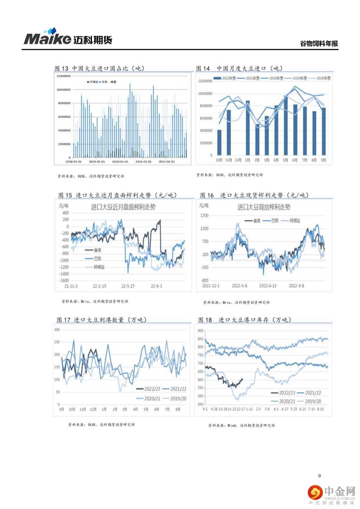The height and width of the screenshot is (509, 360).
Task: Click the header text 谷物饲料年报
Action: pyautogui.click(x=319, y=44)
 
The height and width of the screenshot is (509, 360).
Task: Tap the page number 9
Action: pyautogui.click(x=319, y=476)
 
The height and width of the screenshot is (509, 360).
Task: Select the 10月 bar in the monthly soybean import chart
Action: pyautogui.click(x=219, y=142)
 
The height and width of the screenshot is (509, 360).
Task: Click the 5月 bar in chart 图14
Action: pyautogui.click(x=286, y=125)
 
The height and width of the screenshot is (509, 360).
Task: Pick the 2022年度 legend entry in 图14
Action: pyautogui.click(x=225, y=78)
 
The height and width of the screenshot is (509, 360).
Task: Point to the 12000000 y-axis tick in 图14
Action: pyautogui.click(x=205, y=81)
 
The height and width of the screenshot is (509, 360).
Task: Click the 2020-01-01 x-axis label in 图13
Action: pyautogui.click(x=120, y=162)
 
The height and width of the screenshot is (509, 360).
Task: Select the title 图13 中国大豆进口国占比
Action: pyautogui.click(x=99, y=68)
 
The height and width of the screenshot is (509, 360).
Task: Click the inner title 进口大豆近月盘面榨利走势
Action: pyautogui.click(x=123, y=207)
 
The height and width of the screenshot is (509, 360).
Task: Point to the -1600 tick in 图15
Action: pyautogui.click(x=64, y=281)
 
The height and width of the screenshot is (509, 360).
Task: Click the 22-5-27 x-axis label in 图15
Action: pyautogui.click(x=128, y=286)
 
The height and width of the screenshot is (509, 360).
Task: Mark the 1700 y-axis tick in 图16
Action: pyautogui.click(x=204, y=216)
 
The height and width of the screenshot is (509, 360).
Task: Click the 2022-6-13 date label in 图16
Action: pyautogui.click(x=268, y=286)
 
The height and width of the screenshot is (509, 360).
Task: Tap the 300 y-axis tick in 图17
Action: pyautogui.click(x=57, y=330)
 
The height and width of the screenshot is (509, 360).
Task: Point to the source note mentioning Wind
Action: pyautogui.click(x=241, y=425)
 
